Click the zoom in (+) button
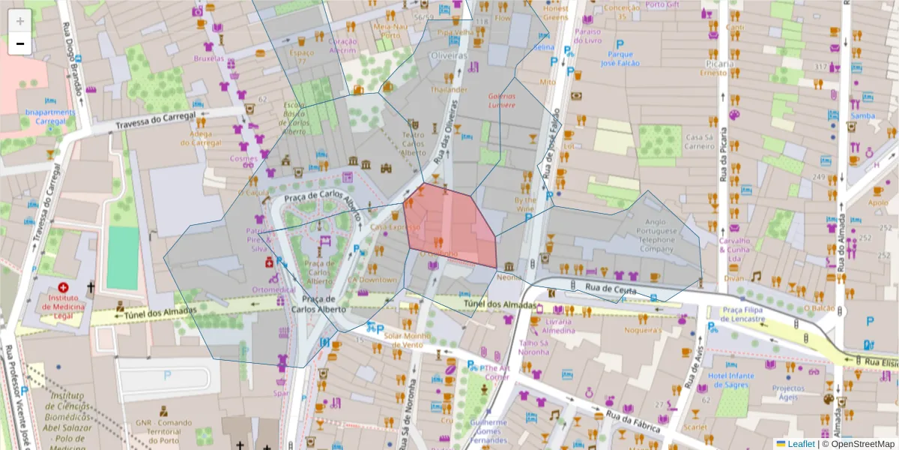pyautogui.click(x=19, y=21)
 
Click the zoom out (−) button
pyautogui.click(x=19, y=43)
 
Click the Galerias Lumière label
pyautogui.click(x=502, y=100)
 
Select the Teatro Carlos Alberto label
pyautogui.click(x=414, y=144)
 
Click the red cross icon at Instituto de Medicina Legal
pyautogui.click(x=63, y=287)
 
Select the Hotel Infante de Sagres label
pyautogui.click(x=731, y=379)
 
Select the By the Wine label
pyautogui.click(x=525, y=205)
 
